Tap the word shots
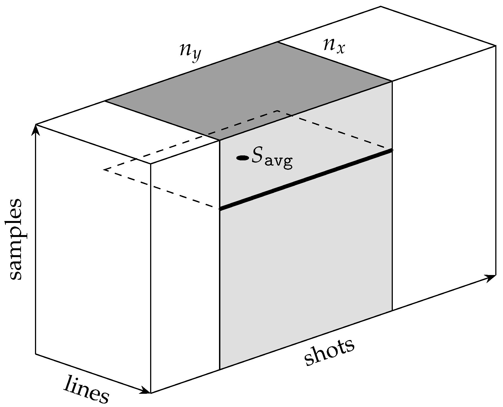click(x=329, y=352)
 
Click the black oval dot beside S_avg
click(x=242, y=158)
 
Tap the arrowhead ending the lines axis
click(x=146, y=391)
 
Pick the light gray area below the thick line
click(x=306, y=262)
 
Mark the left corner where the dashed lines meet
click(x=104, y=169)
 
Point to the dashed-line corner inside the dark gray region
click(x=278, y=111)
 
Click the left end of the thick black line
click(x=220, y=209)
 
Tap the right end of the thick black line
click(x=392, y=150)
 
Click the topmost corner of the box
click(x=381, y=6)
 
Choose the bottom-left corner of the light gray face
click(x=220, y=369)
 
